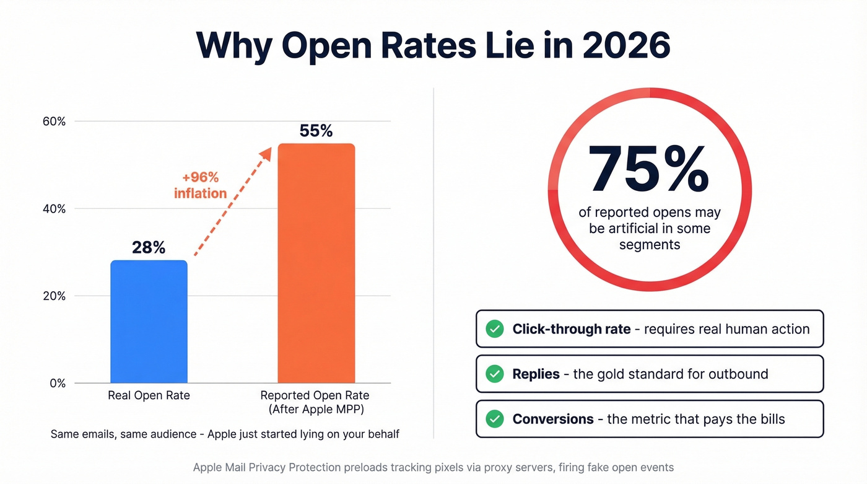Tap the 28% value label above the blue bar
click(149, 248)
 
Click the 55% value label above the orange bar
click(316, 131)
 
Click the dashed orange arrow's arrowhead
click(266, 153)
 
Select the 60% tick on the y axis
click(54, 121)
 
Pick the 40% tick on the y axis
click(54, 209)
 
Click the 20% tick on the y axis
click(54, 296)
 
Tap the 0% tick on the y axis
click(57, 384)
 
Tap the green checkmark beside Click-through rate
click(494, 329)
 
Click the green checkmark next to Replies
click(494, 374)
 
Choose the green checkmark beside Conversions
click(494, 420)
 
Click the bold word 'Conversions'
click(553, 420)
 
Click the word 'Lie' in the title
click(478, 45)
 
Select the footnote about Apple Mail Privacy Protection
click(433, 467)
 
